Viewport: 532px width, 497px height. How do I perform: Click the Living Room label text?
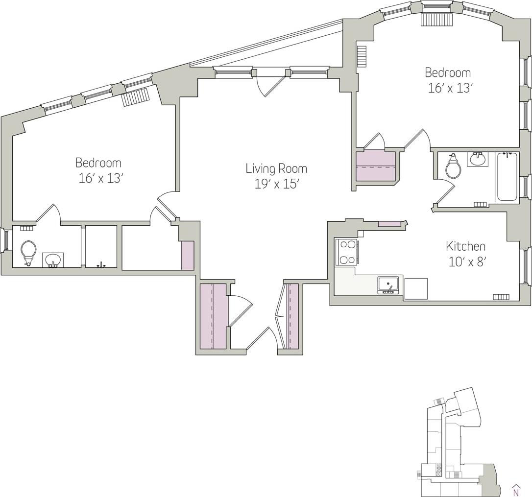pyautogui.click(x=276, y=168)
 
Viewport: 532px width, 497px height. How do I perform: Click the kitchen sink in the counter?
pyautogui.click(x=388, y=284)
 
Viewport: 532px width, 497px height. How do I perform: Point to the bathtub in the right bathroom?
pyautogui.click(x=508, y=177)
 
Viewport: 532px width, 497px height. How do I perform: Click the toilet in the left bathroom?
pyautogui.click(x=28, y=251)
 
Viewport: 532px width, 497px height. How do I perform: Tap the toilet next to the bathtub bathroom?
pyautogui.click(x=453, y=168)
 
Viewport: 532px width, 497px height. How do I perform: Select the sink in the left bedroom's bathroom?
pyautogui.click(x=53, y=260)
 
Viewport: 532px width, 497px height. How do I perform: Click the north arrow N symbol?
pyautogui.click(x=515, y=490)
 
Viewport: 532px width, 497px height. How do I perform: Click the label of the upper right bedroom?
pyautogui.click(x=447, y=72)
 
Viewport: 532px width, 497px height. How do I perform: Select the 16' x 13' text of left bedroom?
pyautogui.click(x=100, y=178)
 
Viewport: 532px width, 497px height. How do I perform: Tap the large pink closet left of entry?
pyautogui.click(x=214, y=316)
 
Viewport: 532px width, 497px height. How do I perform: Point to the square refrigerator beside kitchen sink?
pyautogui.click(x=415, y=288)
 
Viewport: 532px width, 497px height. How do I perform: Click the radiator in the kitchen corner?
pyautogui.click(x=501, y=297)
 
